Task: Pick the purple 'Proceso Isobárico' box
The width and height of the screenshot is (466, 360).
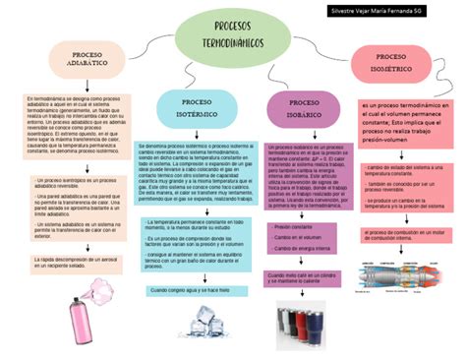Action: tap(305, 108)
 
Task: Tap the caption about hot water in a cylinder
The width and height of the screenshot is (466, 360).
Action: tap(307, 279)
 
